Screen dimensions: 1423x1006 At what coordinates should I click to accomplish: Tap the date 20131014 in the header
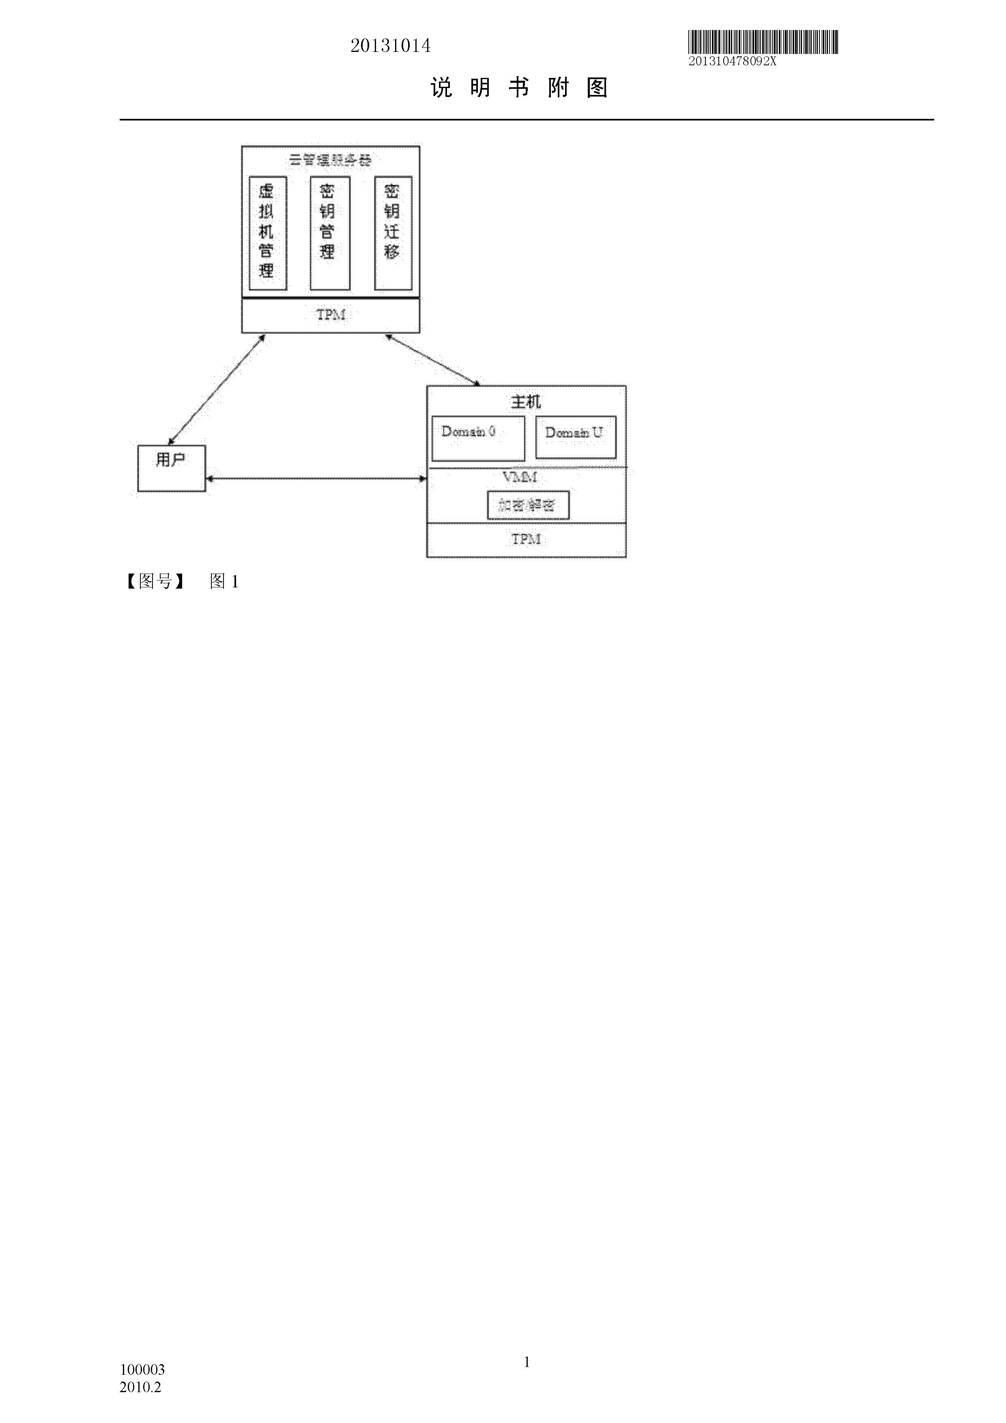click(x=391, y=46)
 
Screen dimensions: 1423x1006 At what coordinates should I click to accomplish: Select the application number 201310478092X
click(x=732, y=61)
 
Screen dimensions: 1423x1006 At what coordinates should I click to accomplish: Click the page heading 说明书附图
click(x=519, y=88)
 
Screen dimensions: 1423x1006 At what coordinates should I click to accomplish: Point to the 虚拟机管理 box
click(x=267, y=232)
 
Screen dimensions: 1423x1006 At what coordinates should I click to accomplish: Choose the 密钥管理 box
click(x=330, y=232)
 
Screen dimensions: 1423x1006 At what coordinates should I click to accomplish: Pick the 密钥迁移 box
click(x=393, y=232)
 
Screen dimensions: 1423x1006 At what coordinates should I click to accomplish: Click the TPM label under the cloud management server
click(x=330, y=315)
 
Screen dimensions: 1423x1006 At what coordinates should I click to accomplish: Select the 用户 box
click(x=171, y=468)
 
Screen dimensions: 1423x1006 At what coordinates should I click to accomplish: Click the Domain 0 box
click(x=478, y=438)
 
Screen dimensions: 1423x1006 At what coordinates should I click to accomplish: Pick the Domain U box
click(x=575, y=437)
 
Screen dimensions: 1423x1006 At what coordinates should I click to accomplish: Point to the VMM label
click(x=519, y=477)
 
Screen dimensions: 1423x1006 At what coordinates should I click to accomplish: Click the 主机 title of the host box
click(x=526, y=402)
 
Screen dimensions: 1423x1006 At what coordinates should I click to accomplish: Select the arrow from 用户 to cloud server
click(x=217, y=389)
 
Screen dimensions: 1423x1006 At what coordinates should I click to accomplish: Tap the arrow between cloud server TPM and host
click(x=433, y=360)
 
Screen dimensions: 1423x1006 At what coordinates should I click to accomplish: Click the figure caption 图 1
click(x=224, y=581)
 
